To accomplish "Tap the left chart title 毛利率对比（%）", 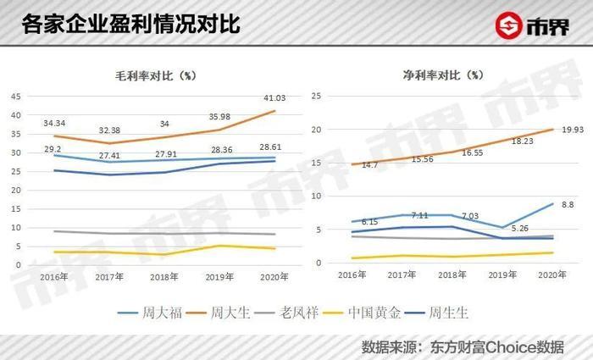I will [157, 75].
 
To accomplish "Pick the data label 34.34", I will [54, 124].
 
